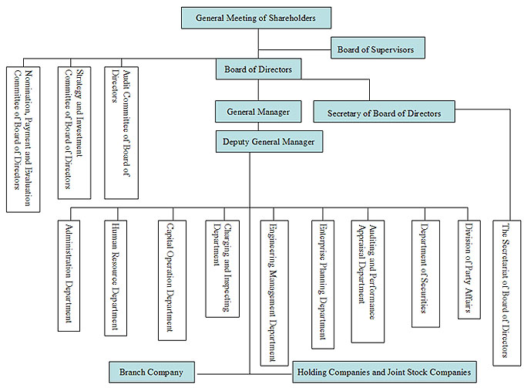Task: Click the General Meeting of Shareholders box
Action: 257,18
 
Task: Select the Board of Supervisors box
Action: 378,48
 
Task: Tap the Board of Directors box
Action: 258,69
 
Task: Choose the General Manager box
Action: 258,111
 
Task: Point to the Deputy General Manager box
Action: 269,141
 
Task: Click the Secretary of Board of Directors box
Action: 384,111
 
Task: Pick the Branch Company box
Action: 152,372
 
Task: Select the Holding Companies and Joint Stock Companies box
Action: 385,372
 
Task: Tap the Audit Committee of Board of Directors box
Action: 121,133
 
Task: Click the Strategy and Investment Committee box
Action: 74,133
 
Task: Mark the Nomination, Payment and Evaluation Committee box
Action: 23,140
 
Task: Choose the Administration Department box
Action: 69,275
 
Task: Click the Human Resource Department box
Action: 116,278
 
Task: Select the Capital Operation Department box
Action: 172,280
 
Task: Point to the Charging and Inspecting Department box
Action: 222,268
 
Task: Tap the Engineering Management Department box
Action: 274,293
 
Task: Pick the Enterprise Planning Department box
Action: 323,285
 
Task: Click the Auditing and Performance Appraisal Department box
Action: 368,282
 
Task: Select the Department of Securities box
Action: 425,274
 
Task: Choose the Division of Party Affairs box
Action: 469,269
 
